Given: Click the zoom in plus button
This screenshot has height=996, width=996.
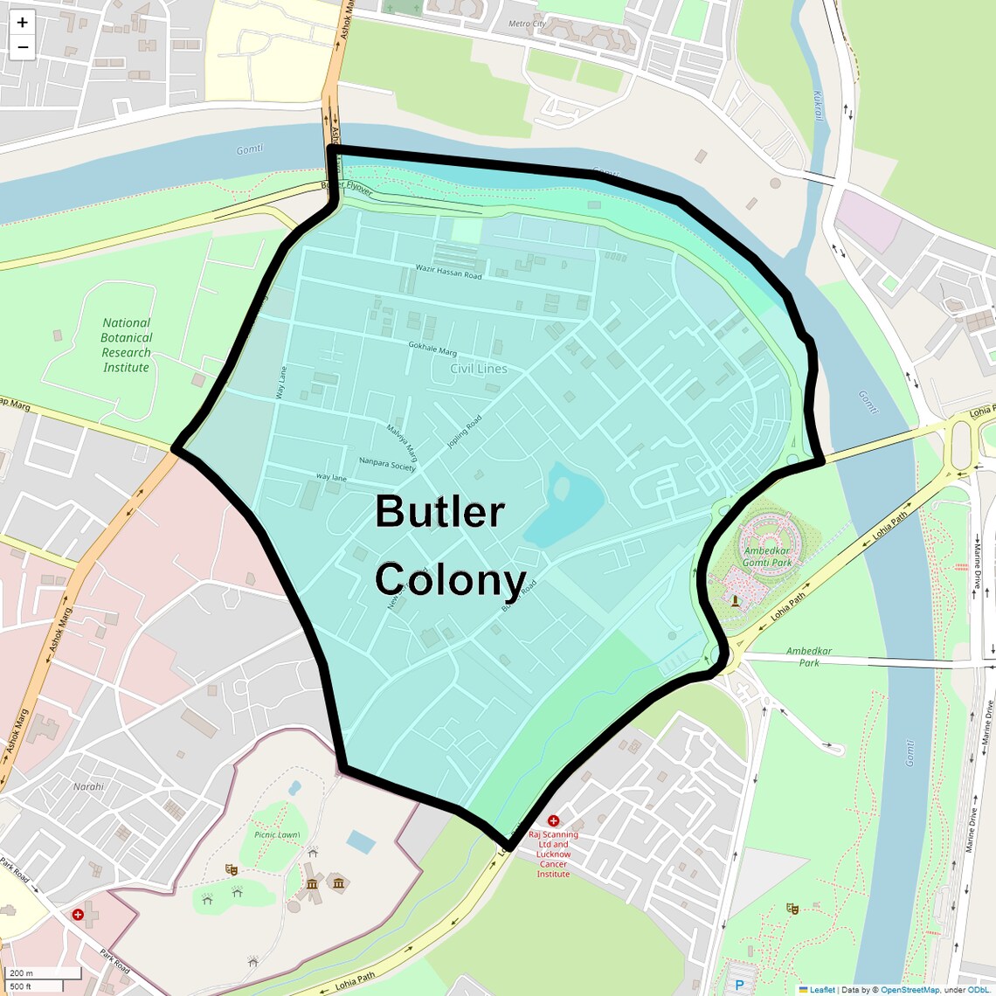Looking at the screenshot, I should (x=22, y=23).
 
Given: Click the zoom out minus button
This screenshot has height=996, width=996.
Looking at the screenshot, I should (x=22, y=47).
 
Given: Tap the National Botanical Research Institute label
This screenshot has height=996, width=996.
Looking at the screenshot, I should (x=126, y=345).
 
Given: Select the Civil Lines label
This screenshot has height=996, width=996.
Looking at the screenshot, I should (x=478, y=369).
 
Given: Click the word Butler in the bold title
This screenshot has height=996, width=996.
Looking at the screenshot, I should (x=439, y=512).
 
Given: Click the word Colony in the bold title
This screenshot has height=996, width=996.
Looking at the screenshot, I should (x=450, y=579).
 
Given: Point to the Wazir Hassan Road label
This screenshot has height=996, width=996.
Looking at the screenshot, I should (x=448, y=272).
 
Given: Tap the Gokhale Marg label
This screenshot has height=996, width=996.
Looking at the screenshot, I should (x=432, y=349).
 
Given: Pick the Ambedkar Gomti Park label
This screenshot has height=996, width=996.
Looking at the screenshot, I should (x=767, y=557).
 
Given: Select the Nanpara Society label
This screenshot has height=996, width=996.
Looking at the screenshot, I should (x=387, y=464).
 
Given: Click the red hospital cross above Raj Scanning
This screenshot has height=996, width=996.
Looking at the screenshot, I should (x=553, y=820).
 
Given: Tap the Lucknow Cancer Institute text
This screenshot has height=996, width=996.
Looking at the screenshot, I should (x=553, y=859).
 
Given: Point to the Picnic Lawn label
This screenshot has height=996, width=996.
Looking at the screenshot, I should (x=277, y=834).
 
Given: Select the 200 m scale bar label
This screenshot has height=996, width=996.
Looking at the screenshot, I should (x=22, y=972).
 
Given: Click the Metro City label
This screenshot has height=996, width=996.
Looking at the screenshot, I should (x=527, y=24).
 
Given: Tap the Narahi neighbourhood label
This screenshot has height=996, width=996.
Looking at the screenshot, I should (x=88, y=786).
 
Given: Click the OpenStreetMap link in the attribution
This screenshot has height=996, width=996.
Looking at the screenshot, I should (x=909, y=990).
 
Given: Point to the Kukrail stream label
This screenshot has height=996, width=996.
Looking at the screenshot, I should (x=818, y=105).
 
